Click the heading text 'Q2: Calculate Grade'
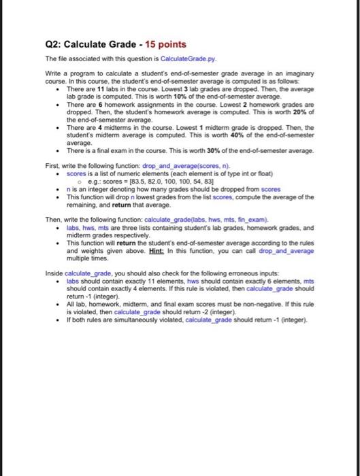(x=91, y=44)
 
